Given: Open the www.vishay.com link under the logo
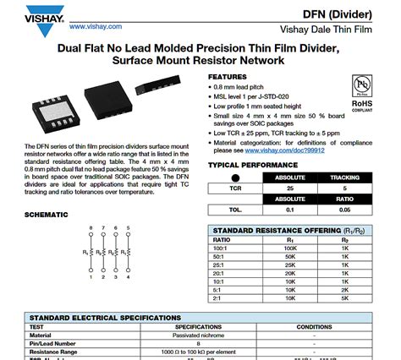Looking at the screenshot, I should point(86,27).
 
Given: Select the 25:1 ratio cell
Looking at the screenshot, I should point(222,265).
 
